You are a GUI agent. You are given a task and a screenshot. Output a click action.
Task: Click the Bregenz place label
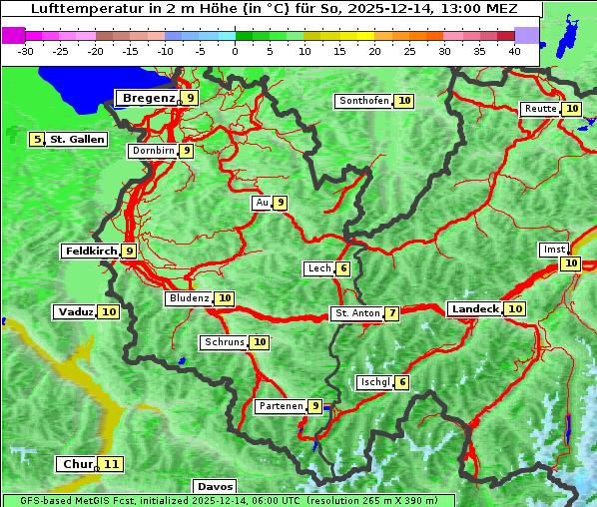[x=148, y=98]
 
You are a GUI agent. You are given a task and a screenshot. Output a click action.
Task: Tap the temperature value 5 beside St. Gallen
[x=38, y=140]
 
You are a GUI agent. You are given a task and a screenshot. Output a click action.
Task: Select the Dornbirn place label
[x=153, y=151]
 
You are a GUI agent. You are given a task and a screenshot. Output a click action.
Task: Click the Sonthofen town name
[x=363, y=101]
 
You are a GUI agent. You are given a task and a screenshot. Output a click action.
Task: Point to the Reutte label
[x=540, y=109]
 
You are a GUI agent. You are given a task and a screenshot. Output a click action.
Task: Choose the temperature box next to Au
[x=281, y=203]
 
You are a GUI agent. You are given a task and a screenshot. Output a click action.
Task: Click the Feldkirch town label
[x=91, y=252]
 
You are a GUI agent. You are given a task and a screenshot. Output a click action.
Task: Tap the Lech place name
[x=319, y=268]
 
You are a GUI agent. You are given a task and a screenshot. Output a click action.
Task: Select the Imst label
[x=552, y=249]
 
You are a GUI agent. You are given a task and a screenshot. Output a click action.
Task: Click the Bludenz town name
[x=190, y=298]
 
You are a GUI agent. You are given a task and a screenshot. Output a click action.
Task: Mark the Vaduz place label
[x=75, y=312]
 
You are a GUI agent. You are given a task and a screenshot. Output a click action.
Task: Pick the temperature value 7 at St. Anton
[x=392, y=313]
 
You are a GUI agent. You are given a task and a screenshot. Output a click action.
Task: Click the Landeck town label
[x=474, y=309]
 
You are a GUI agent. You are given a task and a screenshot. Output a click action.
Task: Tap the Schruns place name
[x=224, y=342]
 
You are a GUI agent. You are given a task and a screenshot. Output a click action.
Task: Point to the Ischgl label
[x=374, y=382]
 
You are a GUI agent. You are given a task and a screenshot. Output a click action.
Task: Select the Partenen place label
[x=280, y=406]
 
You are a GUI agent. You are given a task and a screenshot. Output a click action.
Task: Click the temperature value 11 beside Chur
[x=111, y=464]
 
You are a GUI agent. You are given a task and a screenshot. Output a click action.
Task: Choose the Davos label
[x=215, y=487]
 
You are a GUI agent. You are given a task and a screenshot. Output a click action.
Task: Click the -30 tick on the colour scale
[x=26, y=50]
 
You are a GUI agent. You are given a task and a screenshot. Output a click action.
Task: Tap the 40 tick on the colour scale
[x=514, y=50]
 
